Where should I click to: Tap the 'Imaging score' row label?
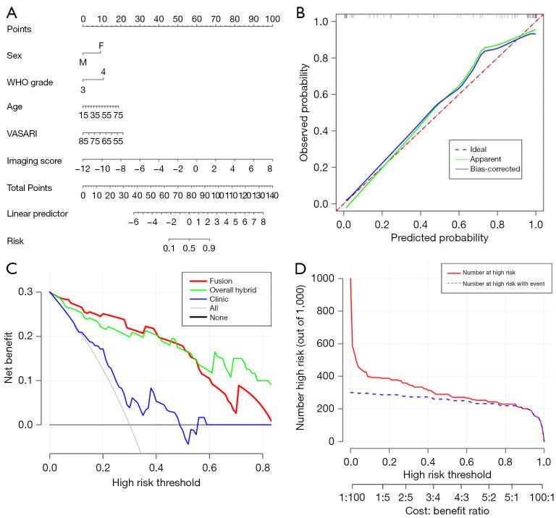[34, 160]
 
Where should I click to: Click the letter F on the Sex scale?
[101, 46]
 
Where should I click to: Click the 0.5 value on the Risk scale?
[189, 248]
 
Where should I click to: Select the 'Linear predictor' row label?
[37, 213]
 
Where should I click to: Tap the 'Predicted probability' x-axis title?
[439, 237]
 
